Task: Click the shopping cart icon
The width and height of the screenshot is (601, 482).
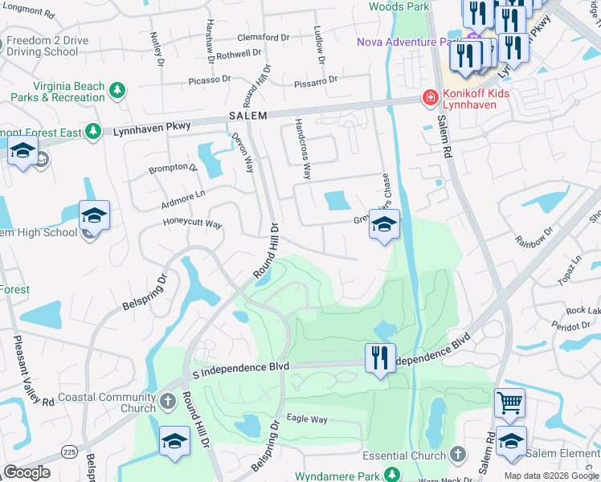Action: [509, 402]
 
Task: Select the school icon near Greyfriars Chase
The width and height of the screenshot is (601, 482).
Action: [385, 226]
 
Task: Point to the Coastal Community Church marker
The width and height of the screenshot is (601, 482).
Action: [167, 400]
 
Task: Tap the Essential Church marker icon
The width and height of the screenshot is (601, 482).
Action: [458, 455]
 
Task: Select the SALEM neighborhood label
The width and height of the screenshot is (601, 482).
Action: [247, 116]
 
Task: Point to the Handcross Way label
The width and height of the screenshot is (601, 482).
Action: [303, 149]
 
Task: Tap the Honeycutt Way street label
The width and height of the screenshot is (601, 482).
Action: [192, 224]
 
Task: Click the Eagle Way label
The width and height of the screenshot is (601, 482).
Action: [308, 419]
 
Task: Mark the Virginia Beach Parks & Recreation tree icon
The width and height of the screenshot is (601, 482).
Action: [118, 89]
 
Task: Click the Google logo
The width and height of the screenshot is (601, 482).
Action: [27, 472]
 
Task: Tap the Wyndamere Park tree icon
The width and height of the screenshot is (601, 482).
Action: [392, 476]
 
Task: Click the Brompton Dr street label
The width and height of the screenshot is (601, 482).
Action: [173, 169]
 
